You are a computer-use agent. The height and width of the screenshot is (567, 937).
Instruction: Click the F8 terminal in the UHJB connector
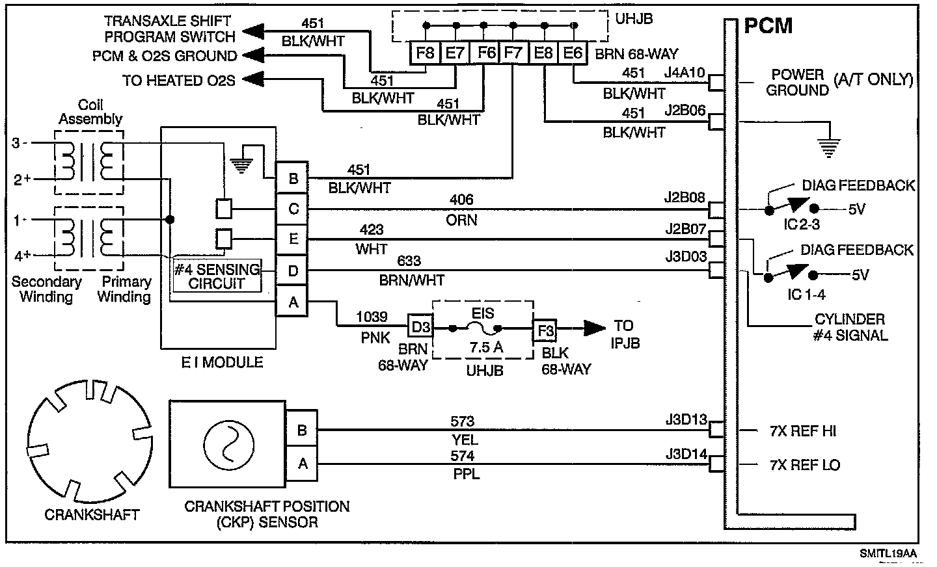click(x=424, y=53)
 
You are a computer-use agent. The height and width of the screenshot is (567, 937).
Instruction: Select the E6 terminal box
click(x=573, y=53)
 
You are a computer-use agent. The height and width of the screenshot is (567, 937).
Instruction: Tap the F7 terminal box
click(x=513, y=53)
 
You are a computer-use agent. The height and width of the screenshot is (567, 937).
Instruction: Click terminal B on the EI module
click(x=292, y=178)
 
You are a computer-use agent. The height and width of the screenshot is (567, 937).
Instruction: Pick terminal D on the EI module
click(x=292, y=270)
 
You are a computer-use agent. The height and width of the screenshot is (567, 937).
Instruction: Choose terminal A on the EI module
click(x=292, y=301)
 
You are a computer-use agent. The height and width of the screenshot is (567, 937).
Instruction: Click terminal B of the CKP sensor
click(x=302, y=430)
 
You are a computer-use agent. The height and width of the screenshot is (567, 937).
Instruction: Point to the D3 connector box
click(x=420, y=326)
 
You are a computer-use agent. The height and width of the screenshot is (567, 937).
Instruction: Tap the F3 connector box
click(x=545, y=330)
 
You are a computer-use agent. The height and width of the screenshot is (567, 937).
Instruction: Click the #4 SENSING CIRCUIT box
click(x=217, y=276)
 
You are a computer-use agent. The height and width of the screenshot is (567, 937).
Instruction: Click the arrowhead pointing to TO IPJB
click(x=595, y=328)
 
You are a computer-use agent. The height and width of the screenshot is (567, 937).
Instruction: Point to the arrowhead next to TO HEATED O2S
click(x=254, y=79)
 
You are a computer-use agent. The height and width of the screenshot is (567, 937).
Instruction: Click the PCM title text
click(x=768, y=26)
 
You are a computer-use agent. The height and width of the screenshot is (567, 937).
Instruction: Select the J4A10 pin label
click(x=685, y=73)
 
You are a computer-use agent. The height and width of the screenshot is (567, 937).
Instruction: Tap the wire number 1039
click(x=372, y=317)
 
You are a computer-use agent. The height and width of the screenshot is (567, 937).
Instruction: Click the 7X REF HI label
click(x=803, y=430)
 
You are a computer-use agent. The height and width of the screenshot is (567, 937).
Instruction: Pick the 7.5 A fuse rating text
click(x=485, y=347)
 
